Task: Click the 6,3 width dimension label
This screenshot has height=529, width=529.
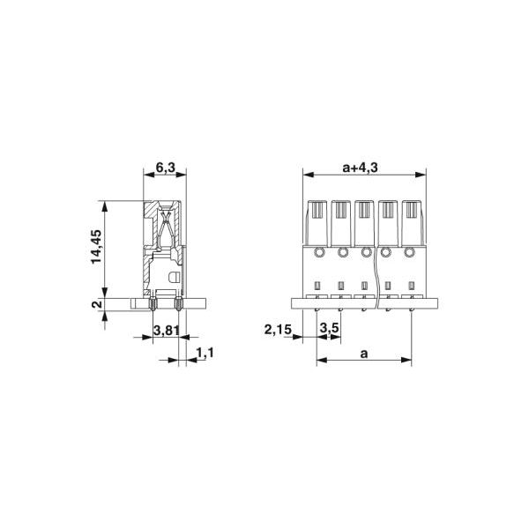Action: click(165, 168)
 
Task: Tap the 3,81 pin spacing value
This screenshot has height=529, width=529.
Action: click(167, 331)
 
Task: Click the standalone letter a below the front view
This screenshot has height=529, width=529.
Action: click(363, 352)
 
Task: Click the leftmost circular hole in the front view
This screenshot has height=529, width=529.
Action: click(318, 253)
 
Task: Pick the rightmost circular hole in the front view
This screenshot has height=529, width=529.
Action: click(411, 253)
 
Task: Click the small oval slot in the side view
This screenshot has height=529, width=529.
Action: click(175, 278)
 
